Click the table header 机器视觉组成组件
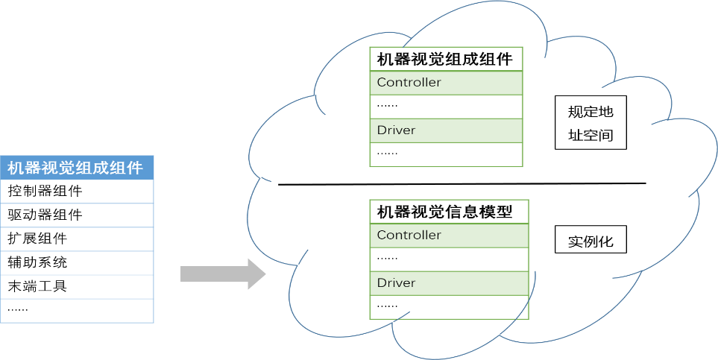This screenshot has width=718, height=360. coord(77,168)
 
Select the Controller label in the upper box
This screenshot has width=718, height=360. coord(409,82)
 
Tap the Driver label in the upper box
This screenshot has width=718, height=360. coord(397,130)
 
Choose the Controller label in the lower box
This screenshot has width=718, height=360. coord(409,235)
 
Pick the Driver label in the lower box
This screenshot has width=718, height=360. coord(397,283)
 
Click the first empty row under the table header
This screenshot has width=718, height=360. coord(77,192)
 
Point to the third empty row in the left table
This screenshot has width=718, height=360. coord(77,239)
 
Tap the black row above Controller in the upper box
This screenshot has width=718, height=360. coord(446,59)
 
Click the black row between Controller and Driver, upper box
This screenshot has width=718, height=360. coord(446,106)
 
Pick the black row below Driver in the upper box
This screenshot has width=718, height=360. coord(446,154)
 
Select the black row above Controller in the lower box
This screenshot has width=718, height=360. coord(449,211)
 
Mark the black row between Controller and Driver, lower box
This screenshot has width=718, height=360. coord(449,259)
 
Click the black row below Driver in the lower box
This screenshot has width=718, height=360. coord(449,306)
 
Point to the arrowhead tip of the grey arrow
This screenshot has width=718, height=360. coord(264,274)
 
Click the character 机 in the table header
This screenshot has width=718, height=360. coord(15,168)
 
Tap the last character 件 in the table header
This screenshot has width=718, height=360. coord(136,168)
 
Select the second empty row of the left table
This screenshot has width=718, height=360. coord(77,215)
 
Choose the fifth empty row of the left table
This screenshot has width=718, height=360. coord(77,287)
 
